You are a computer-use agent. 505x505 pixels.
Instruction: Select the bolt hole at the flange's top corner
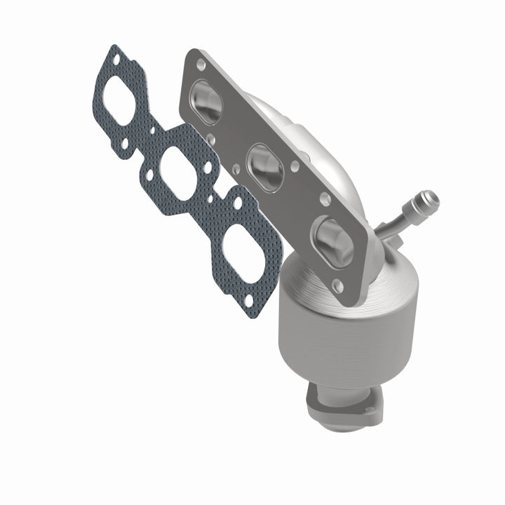pos(202,64)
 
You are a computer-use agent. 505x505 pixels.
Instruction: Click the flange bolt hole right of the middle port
pos(294,166)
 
